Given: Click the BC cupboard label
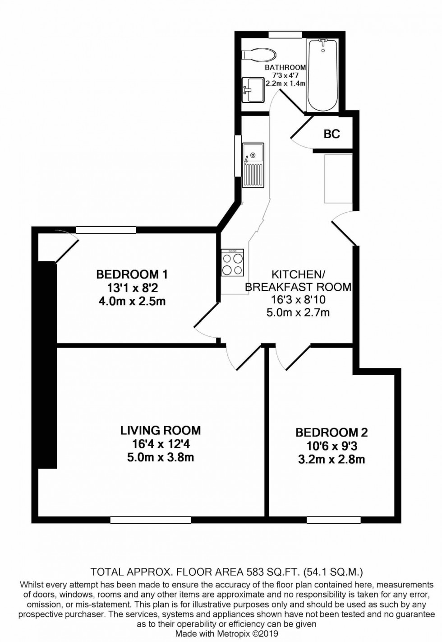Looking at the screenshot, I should coord(331,134).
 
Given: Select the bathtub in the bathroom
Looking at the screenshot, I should coord(322,74).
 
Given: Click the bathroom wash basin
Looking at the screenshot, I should coord(253,89).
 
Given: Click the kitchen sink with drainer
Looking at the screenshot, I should coord(253,165).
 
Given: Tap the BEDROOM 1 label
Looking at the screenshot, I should coord(132,274).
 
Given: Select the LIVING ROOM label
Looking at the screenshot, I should coord(160,430).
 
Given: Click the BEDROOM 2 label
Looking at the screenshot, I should coord(331,433).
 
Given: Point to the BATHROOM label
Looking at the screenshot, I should coord(285,68).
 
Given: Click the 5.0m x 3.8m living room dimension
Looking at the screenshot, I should coord(160,457).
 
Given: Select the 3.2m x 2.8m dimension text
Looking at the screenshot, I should coord(331,460).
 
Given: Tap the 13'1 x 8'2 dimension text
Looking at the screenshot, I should coord(132,288).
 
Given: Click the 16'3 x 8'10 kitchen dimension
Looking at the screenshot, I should coord(298,299).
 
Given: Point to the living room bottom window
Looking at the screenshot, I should coord(151,520).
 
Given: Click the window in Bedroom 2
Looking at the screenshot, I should coord(333,520).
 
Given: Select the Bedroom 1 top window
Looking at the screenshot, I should coord(106,230).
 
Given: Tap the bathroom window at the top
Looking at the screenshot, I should coord(285,34).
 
